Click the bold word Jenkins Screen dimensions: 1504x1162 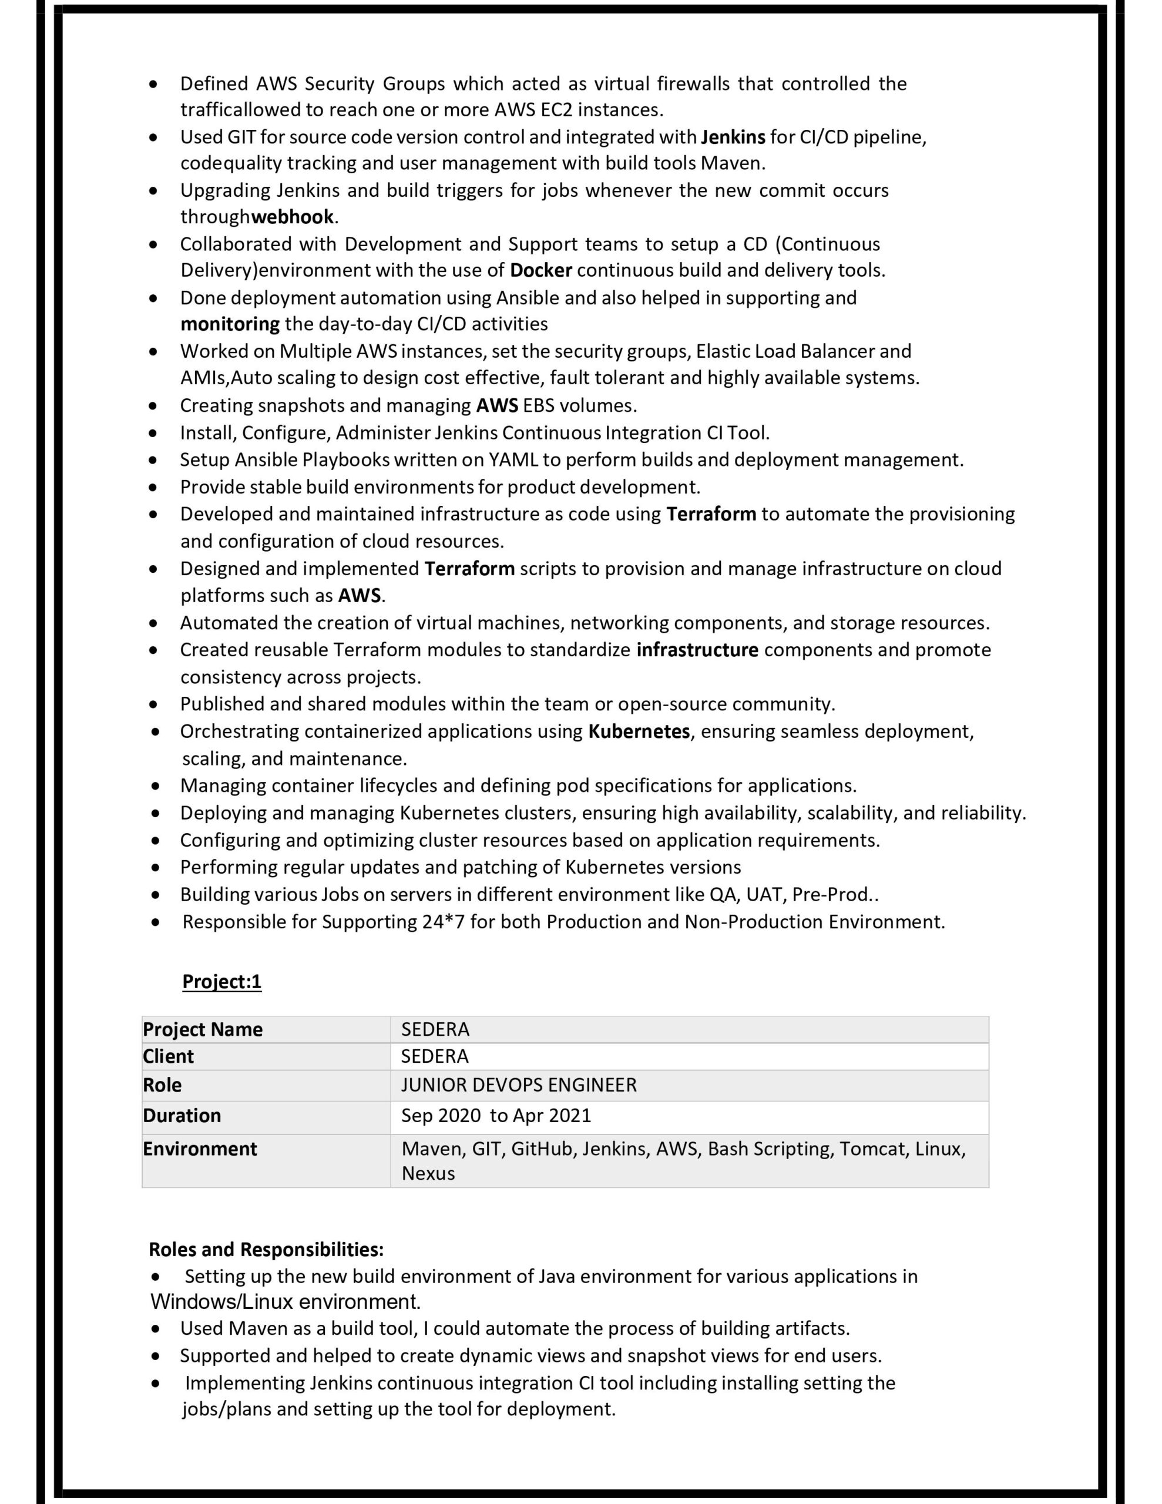tap(733, 137)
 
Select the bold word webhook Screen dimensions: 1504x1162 tap(293, 217)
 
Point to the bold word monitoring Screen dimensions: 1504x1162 tap(230, 324)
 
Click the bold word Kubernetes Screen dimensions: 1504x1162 tap(639, 731)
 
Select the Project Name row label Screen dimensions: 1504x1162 tap(203, 1029)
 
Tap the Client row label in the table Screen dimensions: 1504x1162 tap(168, 1056)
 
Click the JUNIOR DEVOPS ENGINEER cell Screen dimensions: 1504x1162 tap(519, 1085)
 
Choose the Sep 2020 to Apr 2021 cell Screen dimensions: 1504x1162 tap(496, 1116)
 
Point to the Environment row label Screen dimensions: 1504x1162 tap(200, 1149)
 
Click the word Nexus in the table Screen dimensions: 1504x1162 tap(428, 1173)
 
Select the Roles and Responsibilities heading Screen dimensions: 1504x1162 tap(266, 1249)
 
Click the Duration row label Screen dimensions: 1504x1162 tap(182, 1116)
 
